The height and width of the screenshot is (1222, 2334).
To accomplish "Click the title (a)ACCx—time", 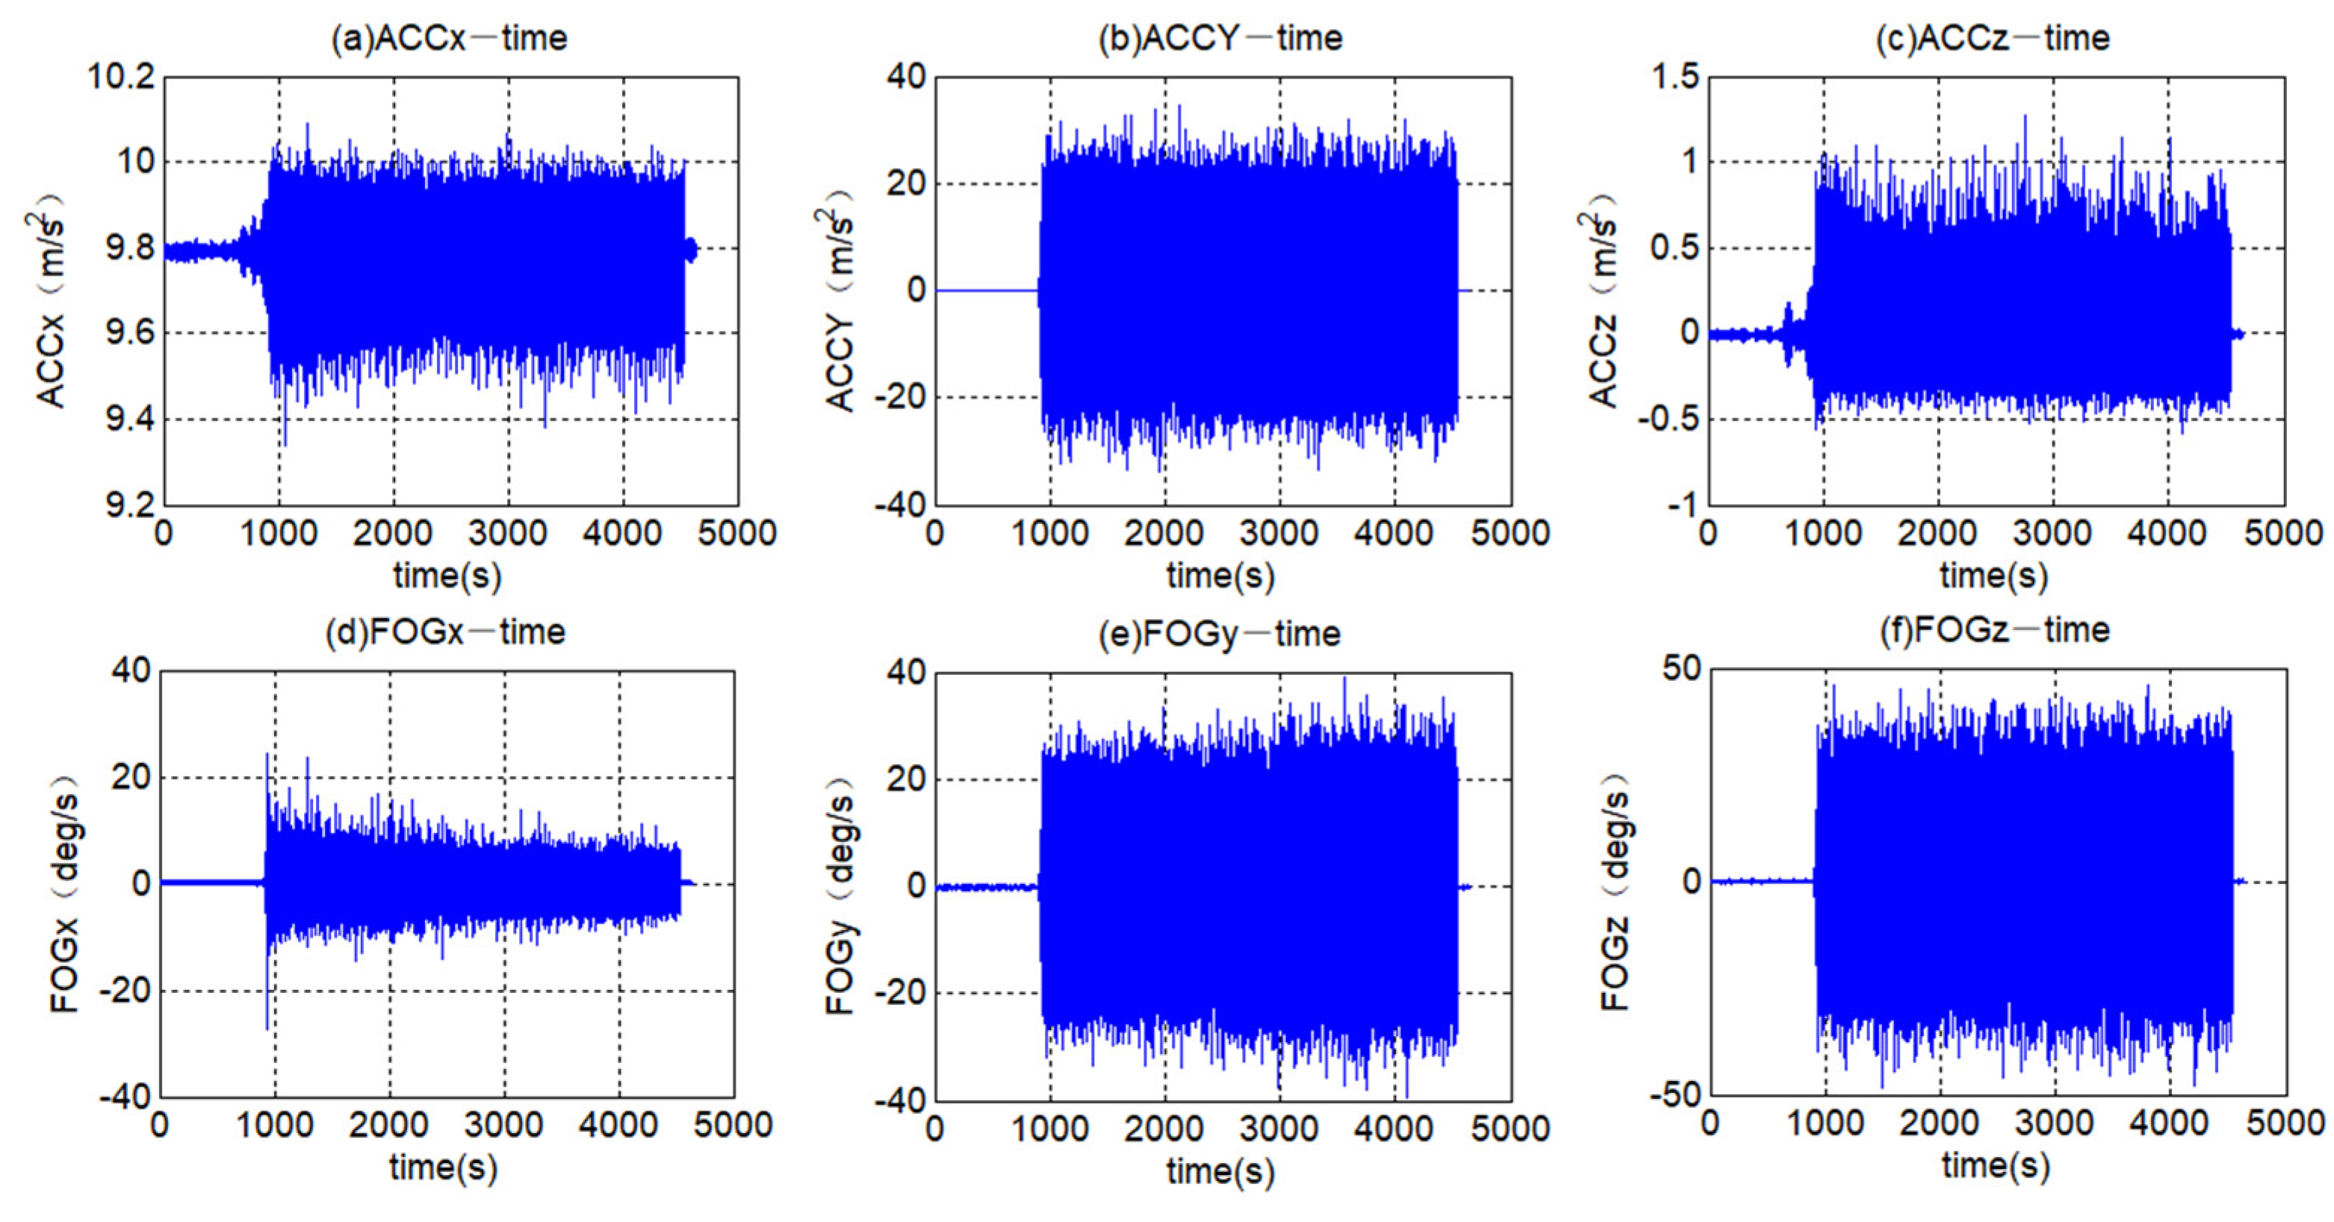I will click(x=448, y=38).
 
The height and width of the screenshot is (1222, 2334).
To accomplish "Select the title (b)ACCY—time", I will click(x=1220, y=38).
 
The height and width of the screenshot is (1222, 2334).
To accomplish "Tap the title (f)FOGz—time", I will click(x=1994, y=629).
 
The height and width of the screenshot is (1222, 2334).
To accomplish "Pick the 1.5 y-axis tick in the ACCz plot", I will click(x=1675, y=77).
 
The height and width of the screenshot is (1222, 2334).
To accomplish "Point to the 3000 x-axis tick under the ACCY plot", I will click(x=1279, y=534).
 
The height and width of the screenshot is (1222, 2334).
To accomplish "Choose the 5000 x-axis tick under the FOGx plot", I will click(x=733, y=1126).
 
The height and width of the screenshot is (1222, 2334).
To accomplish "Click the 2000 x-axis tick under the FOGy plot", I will click(x=1164, y=1129).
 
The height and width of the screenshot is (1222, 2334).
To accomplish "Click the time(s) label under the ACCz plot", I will click(x=1993, y=576).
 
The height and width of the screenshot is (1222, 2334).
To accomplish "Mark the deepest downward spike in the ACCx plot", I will click(x=285, y=444).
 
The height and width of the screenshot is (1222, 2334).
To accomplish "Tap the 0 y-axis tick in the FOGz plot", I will click(x=1691, y=882).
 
